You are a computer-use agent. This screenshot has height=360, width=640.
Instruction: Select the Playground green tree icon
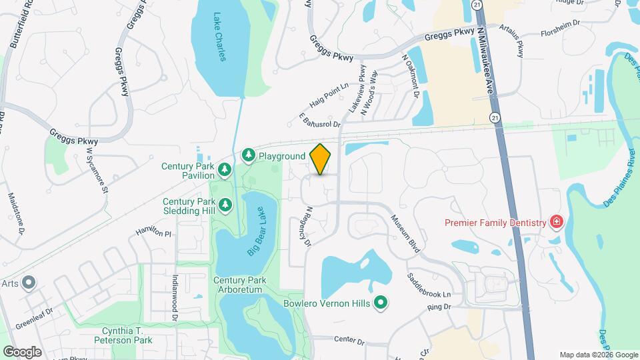249,155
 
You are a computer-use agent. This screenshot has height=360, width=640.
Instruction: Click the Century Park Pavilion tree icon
225,171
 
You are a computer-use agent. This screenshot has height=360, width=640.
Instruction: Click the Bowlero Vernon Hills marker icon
381,303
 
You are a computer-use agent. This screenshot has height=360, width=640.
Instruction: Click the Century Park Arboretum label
238,285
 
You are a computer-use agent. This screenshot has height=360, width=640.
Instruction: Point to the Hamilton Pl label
153,232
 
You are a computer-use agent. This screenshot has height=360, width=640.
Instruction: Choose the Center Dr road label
349,340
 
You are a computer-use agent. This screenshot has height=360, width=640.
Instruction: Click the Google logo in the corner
22,351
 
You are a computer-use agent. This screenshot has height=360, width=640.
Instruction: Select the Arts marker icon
29,283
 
